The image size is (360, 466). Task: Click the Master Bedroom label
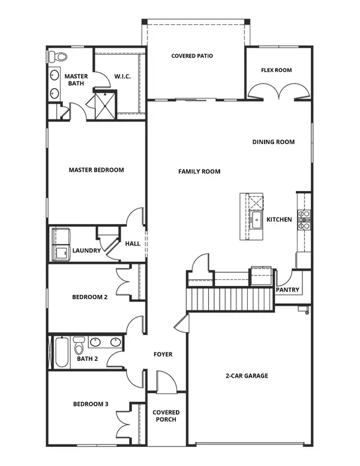(96, 170)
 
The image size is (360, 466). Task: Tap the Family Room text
(199, 172)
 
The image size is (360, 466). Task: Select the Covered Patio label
(192, 56)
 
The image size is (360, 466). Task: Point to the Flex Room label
(276, 70)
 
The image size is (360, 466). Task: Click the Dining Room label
(273, 142)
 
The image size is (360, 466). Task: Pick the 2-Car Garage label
(247, 376)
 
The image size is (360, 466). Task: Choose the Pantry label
(287, 290)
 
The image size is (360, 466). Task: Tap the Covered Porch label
(166, 416)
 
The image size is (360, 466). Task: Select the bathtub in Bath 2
(61, 353)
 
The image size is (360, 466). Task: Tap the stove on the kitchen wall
(304, 220)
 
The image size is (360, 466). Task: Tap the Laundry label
(86, 250)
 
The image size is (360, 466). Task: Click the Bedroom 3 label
(90, 404)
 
